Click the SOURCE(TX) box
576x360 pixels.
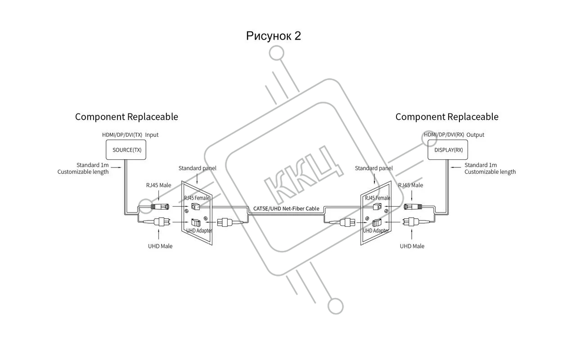click(126, 150)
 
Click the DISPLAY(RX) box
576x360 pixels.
click(448, 150)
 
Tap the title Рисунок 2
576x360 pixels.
click(273, 36)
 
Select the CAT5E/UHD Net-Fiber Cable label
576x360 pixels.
click(286, 208)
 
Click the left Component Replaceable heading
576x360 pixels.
click(126, 117)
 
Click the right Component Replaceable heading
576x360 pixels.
click(447, 117)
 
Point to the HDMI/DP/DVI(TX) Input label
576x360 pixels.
click(130, 135)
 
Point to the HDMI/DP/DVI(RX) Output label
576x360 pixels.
click(454, 135)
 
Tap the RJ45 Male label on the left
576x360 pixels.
click(158, 185)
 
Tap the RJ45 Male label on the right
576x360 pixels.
click(410, 185)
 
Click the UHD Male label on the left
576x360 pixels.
click(160, 246)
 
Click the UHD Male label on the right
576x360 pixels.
click(412, 246)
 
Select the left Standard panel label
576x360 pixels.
click(197, 168)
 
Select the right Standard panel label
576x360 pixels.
click(373, 168)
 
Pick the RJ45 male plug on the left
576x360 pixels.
click(161, 207)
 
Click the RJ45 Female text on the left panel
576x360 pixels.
click(197, 198)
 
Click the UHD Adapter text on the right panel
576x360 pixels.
click(376, 230)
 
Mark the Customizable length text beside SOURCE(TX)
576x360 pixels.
click(83, 172)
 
